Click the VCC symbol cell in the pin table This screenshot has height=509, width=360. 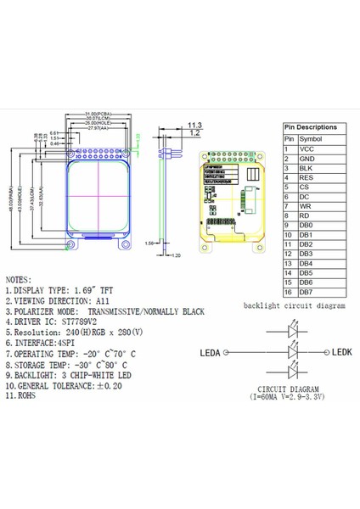[307, 148]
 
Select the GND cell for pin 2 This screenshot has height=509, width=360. [307, 159]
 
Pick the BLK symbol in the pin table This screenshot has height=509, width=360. [307, 168]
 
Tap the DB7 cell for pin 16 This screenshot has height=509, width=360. [307, 292]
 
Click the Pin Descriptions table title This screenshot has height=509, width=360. [310, 126]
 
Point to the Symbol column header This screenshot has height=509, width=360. [312, 138]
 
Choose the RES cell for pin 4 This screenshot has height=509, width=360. [307, 177]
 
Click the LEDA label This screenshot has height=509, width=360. [212, 352]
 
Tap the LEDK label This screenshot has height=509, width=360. [341, 351]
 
